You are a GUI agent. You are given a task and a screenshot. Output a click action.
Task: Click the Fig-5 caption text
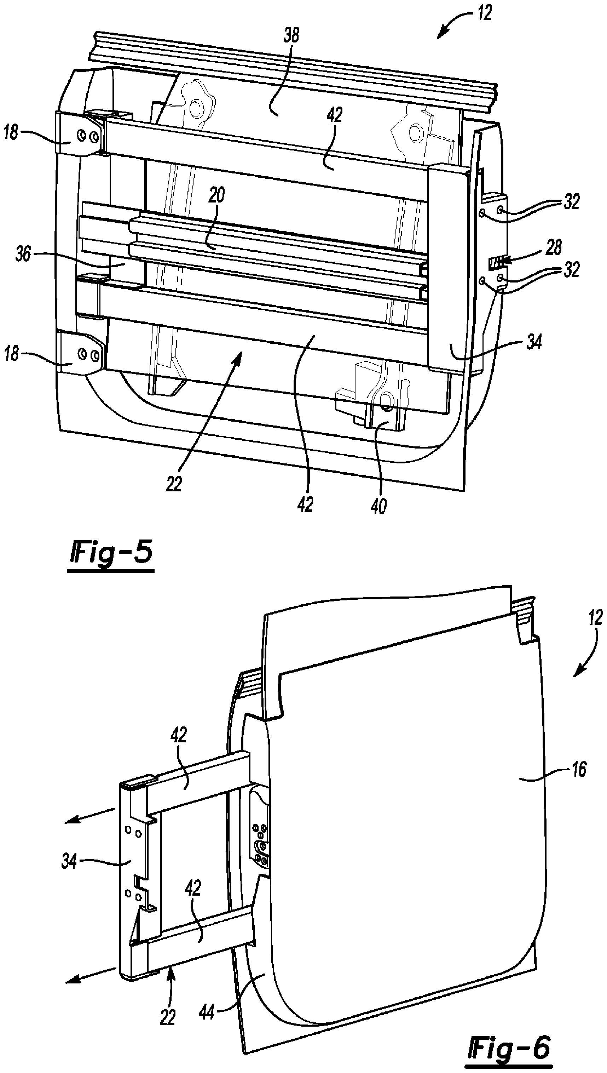(x=110, y=554)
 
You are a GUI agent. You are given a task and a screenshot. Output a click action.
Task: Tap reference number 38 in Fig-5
(x=291, y=35)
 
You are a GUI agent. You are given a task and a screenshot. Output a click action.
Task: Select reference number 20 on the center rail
(x=217, y=195)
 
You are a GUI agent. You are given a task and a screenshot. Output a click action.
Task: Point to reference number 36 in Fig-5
(x=23, y=254)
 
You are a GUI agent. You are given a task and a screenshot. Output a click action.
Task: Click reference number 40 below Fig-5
(x=378, y=506)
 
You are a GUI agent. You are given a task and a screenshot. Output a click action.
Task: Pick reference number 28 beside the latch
(x=553, y=247)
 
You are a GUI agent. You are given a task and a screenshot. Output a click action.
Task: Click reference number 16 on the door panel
(x=578, y=769)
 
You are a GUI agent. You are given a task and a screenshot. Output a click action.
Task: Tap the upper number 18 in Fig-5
(x=11, y=134)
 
